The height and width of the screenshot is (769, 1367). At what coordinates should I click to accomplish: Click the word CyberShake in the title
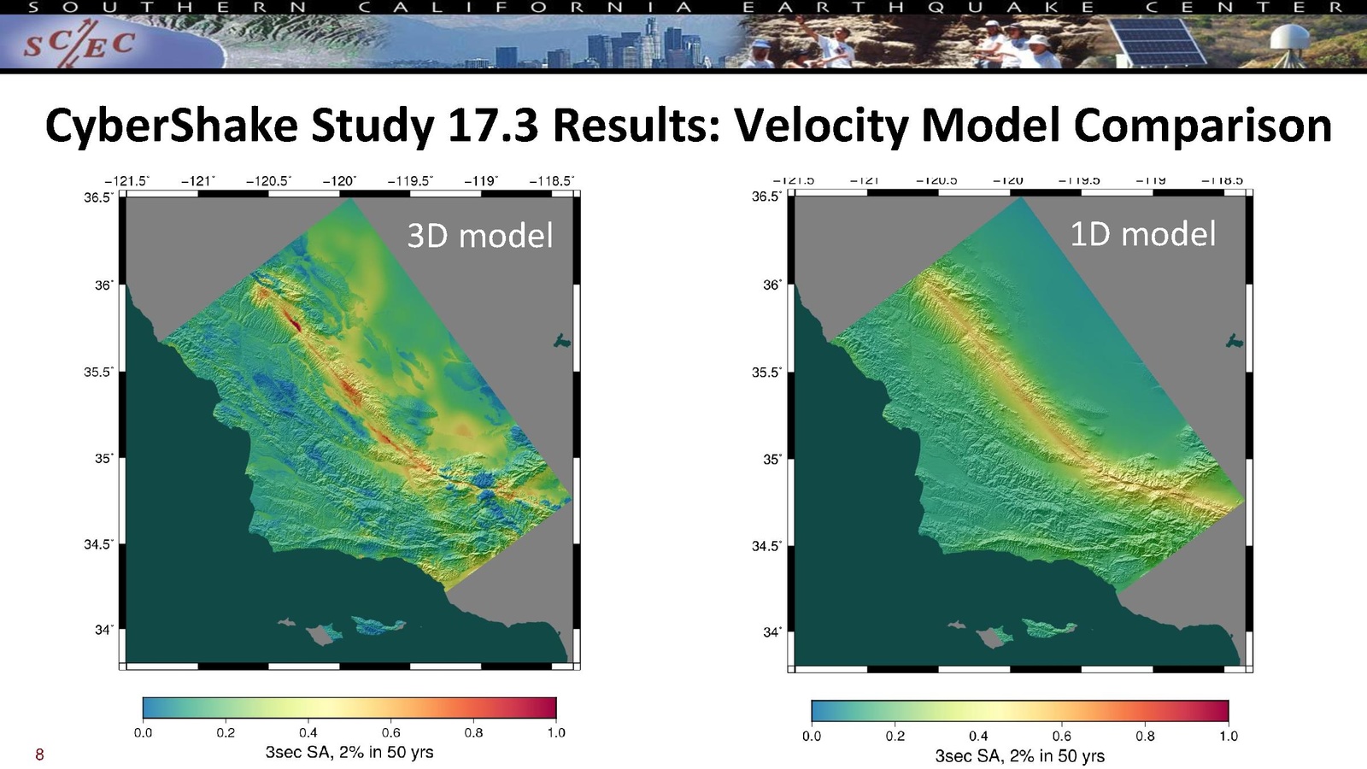171,125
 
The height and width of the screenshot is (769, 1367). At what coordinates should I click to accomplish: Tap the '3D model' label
479,235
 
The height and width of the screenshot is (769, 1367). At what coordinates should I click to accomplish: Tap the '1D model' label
1142,233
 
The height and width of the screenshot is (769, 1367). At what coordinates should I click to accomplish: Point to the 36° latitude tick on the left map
103,285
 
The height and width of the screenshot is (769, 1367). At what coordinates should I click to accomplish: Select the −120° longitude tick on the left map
339,181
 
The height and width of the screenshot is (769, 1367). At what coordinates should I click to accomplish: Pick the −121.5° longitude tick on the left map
126,181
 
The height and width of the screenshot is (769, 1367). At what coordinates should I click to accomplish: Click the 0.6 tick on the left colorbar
390,732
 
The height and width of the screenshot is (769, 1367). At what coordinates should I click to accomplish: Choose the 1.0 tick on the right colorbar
1228,736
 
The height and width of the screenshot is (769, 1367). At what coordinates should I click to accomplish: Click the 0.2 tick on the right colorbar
895,736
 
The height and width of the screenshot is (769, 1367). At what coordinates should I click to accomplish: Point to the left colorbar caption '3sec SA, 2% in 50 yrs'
349,752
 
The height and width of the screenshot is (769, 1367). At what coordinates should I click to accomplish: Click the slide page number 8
39,754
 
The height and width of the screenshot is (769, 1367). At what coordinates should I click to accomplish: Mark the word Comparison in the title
1203,125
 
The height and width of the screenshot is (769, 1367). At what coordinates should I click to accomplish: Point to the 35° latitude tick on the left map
103,459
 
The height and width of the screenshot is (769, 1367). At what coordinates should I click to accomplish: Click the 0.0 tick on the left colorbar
143,732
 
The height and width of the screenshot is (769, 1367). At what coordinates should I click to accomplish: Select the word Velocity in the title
821,125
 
